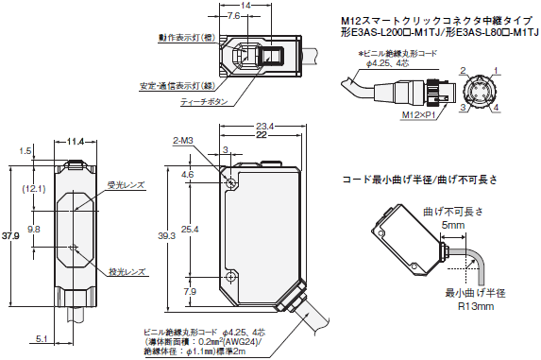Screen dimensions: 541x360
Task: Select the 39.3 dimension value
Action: [x=166, y=236]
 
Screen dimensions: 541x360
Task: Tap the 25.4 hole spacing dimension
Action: [x=191, y=230]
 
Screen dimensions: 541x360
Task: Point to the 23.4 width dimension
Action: [x=264, y=127]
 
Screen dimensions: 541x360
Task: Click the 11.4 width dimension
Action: [x=76, y=141]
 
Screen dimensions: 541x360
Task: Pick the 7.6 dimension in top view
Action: [x=233, y=16]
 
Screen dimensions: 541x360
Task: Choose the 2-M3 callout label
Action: [x=182, y=141]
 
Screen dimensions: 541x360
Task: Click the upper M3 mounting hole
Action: [x=230, y=183]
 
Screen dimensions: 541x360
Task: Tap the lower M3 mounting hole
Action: [x=230, y=277]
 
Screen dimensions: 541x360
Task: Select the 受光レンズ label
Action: [x=126, y=185]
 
